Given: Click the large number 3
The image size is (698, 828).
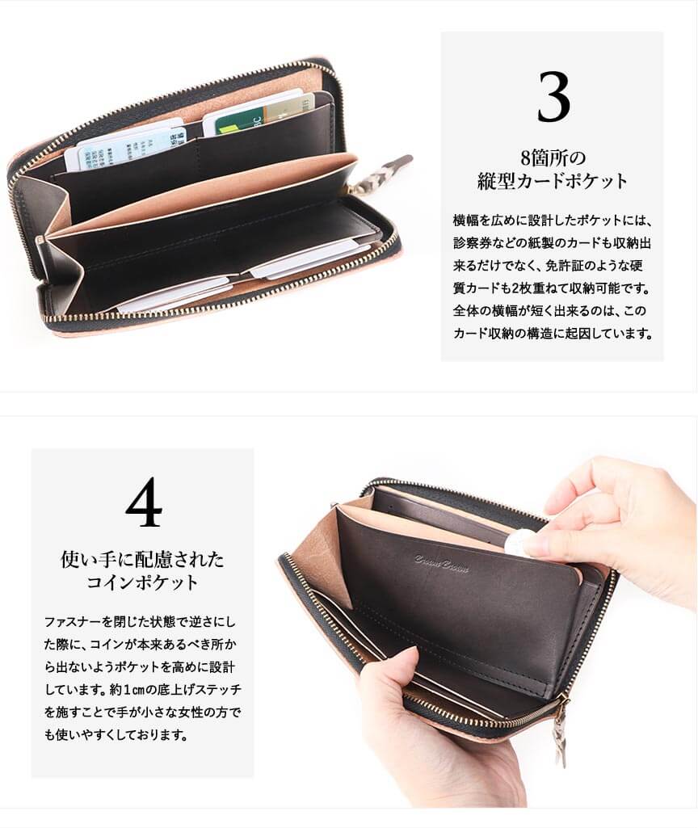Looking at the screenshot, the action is point(553,97).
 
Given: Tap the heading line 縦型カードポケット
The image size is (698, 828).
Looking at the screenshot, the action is point(553,181).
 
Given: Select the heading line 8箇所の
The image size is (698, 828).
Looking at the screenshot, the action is point(553,158).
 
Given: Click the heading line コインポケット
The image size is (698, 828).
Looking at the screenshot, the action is point(142,582).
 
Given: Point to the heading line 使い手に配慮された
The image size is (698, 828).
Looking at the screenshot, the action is point(142,559).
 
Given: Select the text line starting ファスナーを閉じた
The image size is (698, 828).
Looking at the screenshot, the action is point(140,621).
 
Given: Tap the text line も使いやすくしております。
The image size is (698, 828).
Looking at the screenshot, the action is point(116,735).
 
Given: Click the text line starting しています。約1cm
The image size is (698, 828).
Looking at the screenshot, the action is point(142,690).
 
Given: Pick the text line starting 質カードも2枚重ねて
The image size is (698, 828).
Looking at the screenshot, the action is point(552,288).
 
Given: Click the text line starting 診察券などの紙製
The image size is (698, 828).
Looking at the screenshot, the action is point(552,243).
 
